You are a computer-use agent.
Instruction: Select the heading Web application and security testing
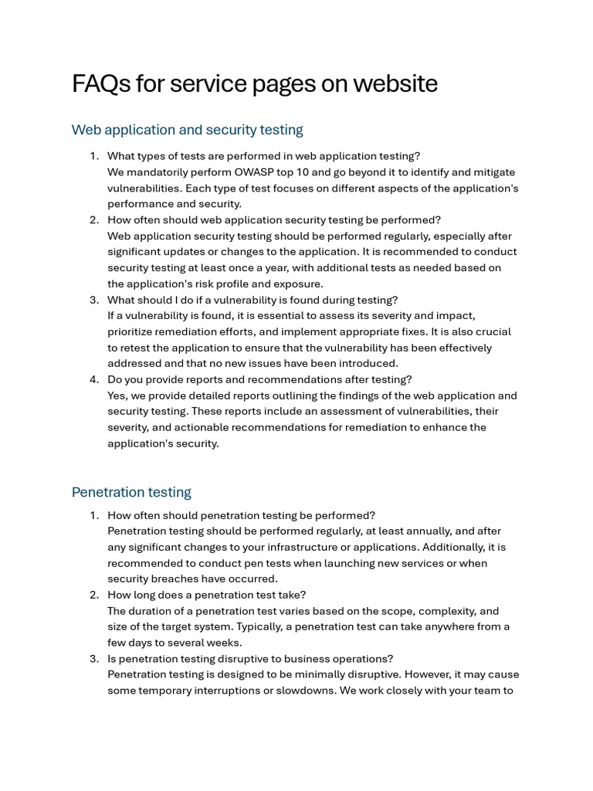187,130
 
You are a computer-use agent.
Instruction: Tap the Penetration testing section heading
131,492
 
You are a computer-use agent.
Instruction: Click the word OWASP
256,172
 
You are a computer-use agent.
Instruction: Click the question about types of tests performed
263,156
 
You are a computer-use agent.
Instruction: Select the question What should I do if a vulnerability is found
252,300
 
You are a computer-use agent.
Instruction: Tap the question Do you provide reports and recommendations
259,379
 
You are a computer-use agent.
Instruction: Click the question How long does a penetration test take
206,595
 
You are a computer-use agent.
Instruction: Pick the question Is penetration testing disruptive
250,659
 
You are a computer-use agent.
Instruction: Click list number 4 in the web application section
94,379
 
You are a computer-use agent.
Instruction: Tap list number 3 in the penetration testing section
94,659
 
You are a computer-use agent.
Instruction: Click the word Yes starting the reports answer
117,395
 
